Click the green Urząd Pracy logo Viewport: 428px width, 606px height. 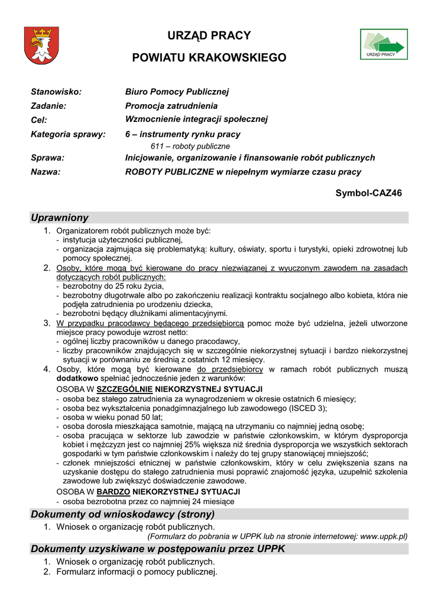383,44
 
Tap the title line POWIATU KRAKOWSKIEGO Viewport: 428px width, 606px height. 209,58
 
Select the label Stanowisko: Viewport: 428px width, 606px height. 56,92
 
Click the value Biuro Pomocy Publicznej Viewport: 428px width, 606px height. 177,92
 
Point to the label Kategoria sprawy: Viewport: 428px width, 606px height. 68,134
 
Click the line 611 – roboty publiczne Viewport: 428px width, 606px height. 186,146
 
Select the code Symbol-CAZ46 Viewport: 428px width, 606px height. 369,193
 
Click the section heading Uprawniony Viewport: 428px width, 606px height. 60,218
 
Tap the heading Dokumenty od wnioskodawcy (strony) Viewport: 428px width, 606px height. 122,514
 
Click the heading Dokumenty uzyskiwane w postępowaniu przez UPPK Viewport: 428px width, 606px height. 158,549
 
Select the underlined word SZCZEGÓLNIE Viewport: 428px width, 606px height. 124,389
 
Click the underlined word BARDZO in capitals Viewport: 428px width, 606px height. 113,492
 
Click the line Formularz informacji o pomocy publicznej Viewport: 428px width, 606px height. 137,572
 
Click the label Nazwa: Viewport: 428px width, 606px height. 46,172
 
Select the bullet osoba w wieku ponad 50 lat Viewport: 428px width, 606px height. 112,417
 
